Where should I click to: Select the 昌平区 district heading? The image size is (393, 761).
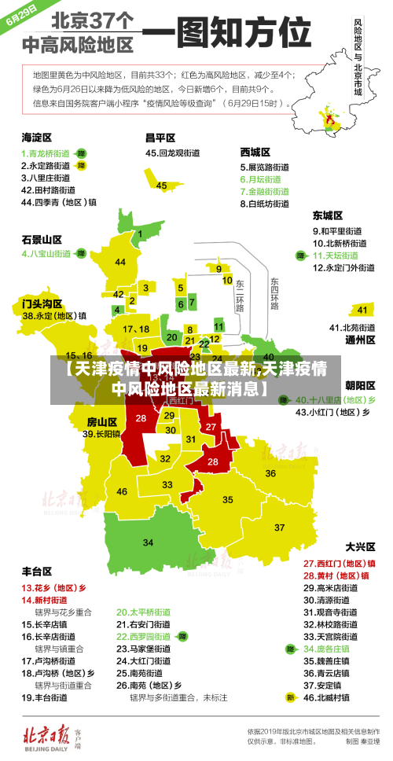[160, 138]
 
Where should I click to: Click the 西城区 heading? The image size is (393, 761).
[255, 152]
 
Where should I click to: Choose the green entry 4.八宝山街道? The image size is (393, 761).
[46, 254]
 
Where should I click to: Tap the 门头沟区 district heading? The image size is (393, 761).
[42, 303]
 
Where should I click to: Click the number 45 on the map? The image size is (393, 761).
[161, 186]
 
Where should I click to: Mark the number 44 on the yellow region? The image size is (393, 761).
[120, 262]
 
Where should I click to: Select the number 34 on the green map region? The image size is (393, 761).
[148, 542]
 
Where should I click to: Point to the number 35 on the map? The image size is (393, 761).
[228, 499]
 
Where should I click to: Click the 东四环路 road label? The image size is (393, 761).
[274, 293]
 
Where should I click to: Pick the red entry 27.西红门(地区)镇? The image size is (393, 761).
[339, 563]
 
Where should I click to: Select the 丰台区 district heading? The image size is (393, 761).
[37, 571]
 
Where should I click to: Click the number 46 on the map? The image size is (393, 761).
[122, 491]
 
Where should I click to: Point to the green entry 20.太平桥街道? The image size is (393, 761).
[144, 612]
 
